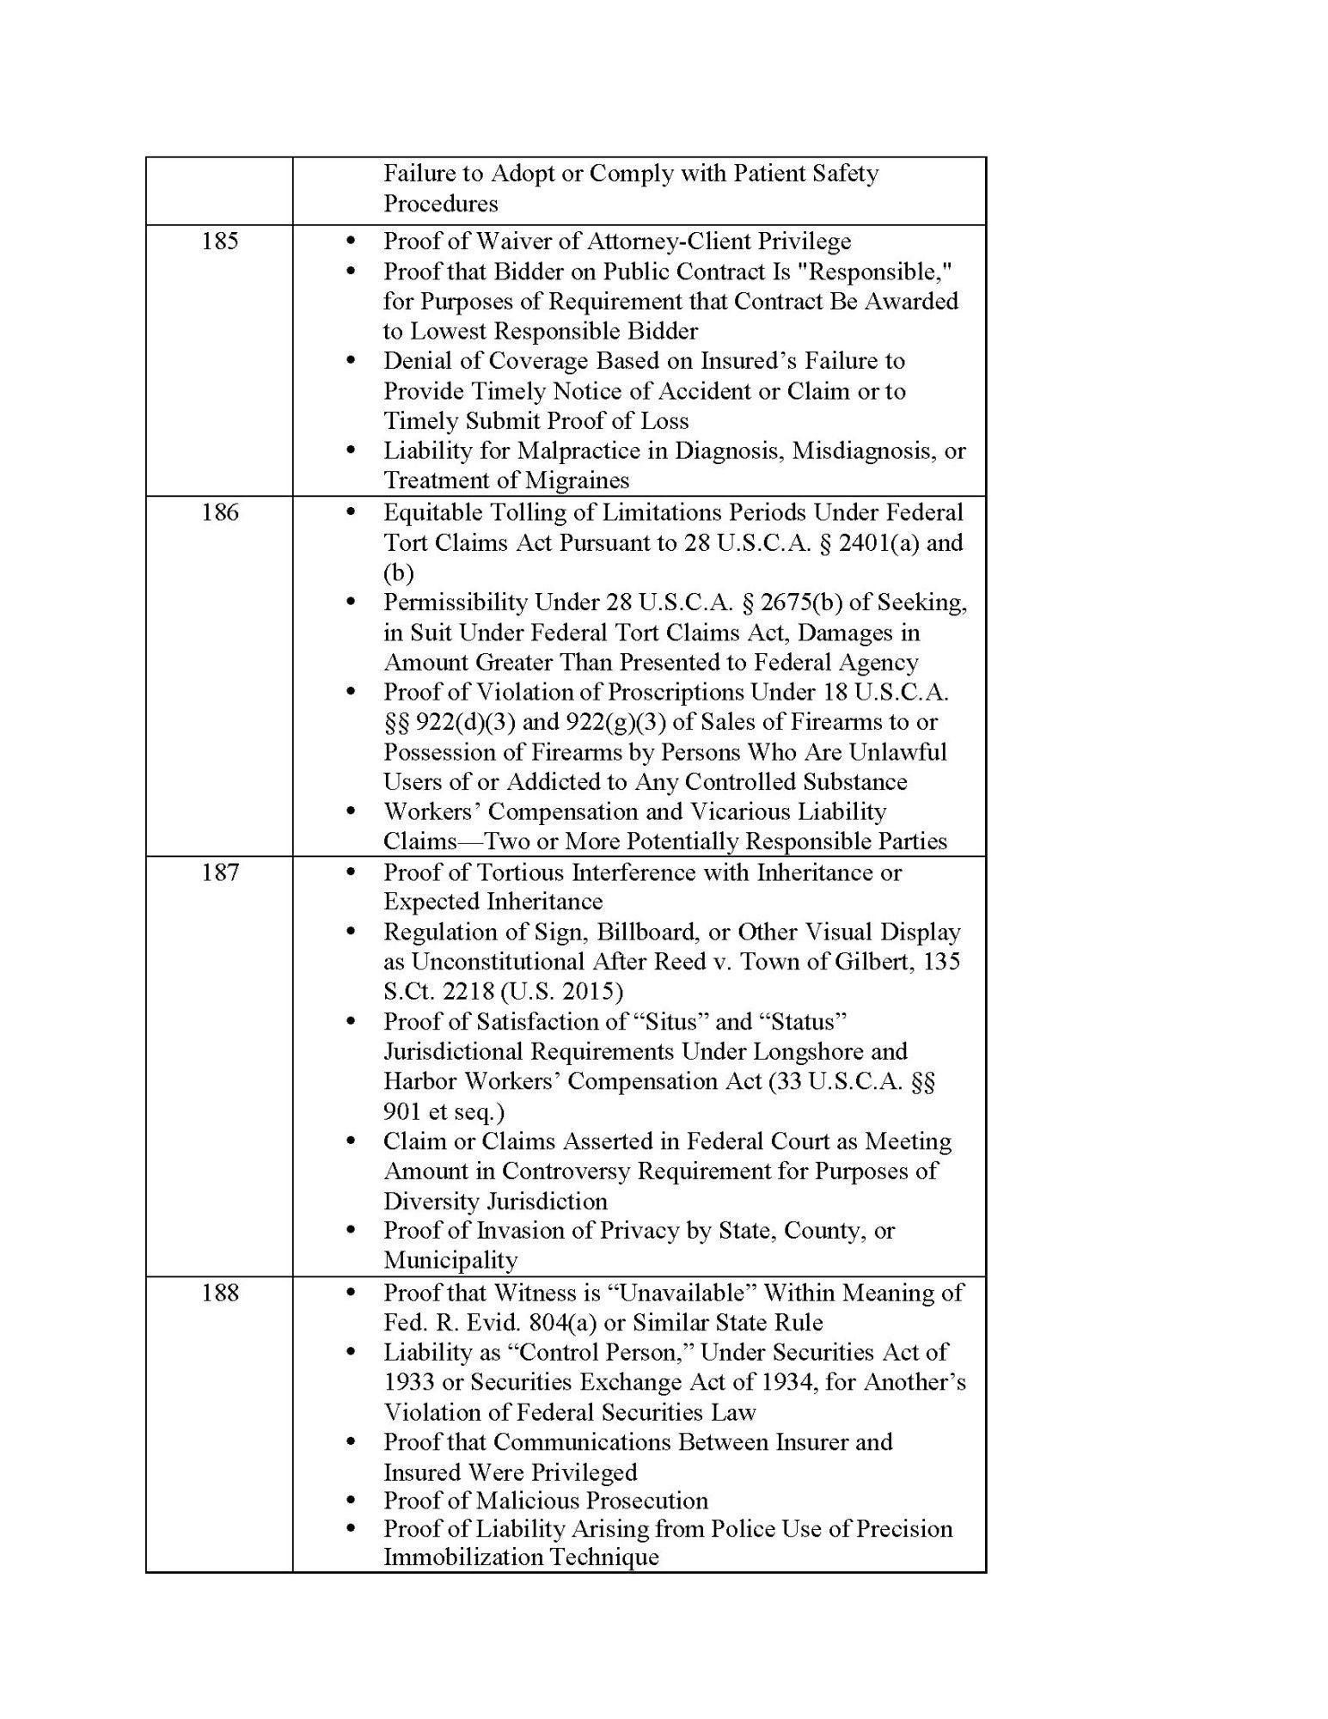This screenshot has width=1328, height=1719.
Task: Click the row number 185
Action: pos(219,242)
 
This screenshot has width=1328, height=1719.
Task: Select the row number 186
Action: pos(219,513)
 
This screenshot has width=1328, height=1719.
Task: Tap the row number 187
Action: pos(219,872)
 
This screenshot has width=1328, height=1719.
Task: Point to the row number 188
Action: pos(219,1293)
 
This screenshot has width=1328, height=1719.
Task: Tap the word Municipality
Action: pos(450,1261)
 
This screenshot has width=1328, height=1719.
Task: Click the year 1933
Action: pos(411,1382)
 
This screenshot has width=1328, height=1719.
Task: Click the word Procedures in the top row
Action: pos(441,204)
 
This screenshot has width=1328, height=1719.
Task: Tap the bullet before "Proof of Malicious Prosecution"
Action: pos(350,1501)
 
